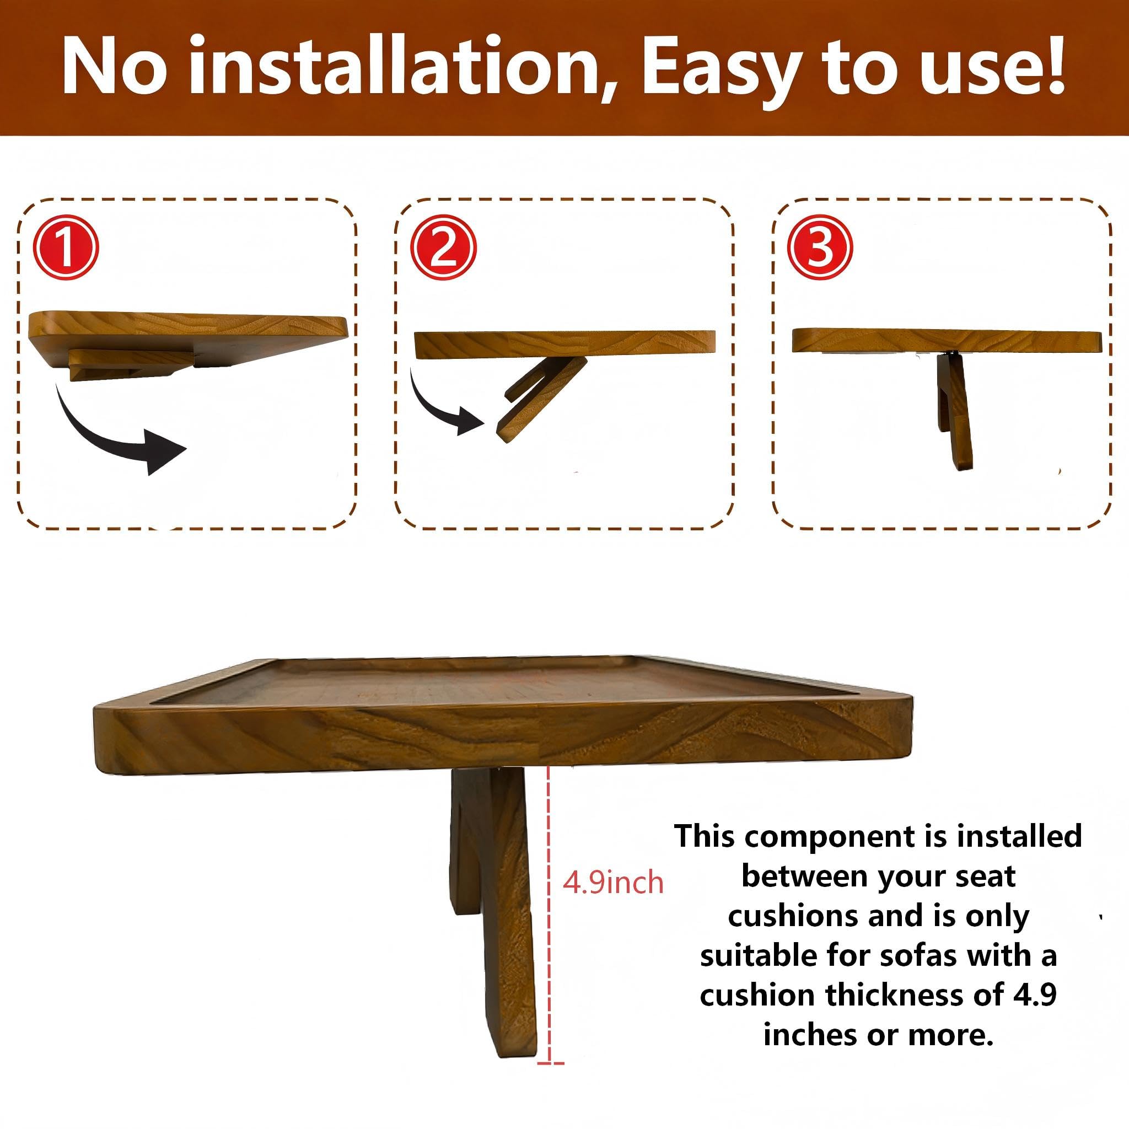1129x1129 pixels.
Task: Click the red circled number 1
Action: click(x=66, y=247)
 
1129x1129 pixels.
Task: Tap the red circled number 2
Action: click(x=444, y=247)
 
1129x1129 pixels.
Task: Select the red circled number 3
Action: click(x=820, y=247)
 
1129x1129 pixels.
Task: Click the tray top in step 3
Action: click(x=947, y=341)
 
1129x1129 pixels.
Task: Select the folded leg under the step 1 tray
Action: click(x=132, y=365)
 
